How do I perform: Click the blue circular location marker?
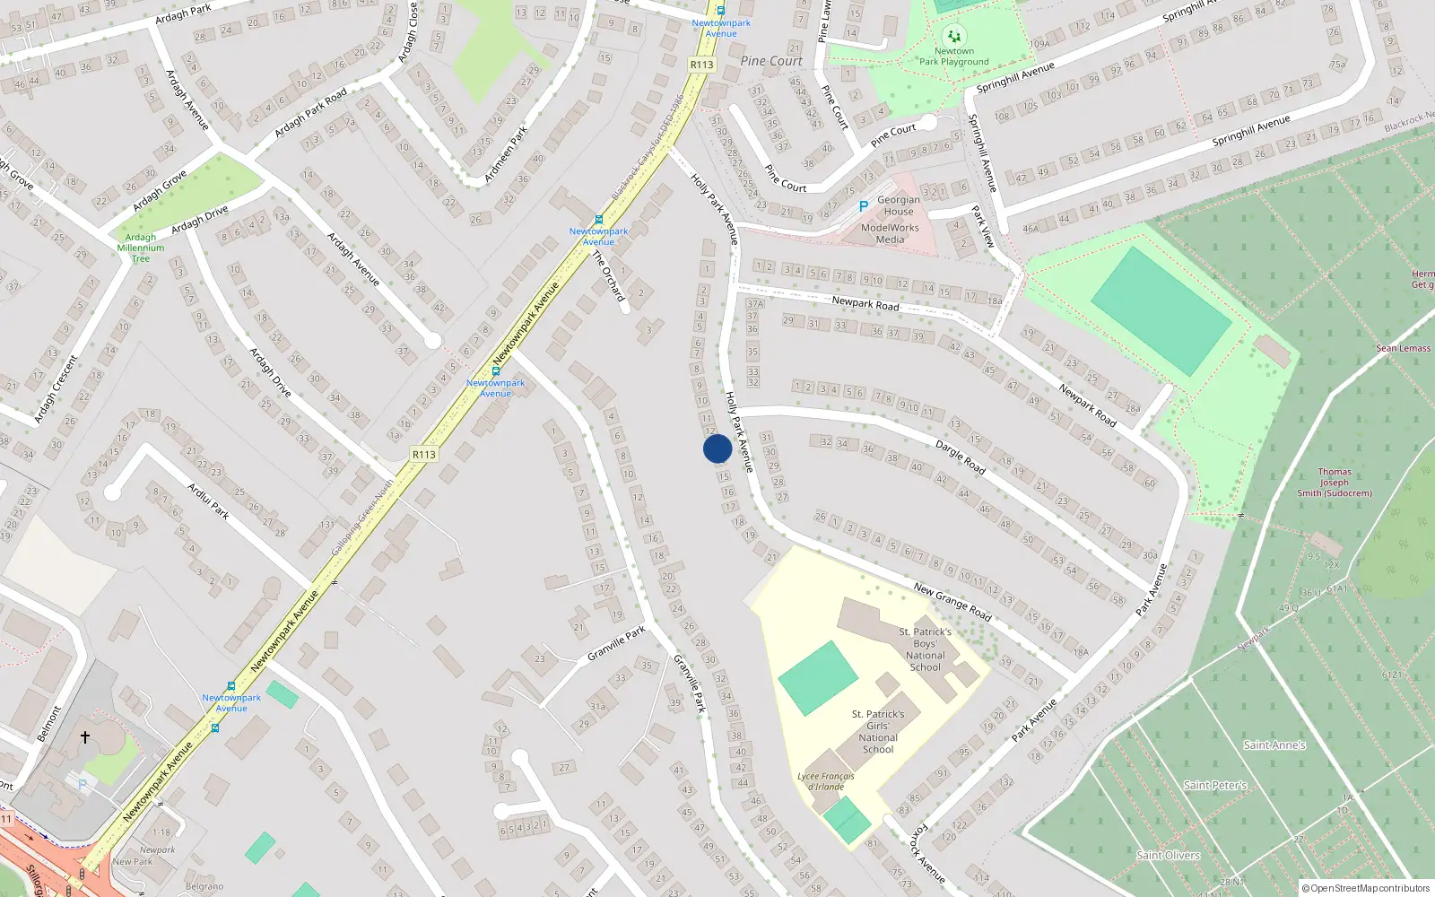tap(717, 448)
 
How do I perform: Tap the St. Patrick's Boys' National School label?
tap(925, 649)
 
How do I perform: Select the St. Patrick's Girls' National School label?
tap(878, 732)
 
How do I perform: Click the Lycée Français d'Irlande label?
tap(825, 781)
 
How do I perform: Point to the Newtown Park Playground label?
tap(953, 57)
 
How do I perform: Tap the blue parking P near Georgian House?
tap(864, 206)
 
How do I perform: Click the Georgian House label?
tap(898, 205)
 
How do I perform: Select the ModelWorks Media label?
tap(890, 233)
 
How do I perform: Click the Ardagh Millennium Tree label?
tap(141, 248)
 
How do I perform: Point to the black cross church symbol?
tap(85, 737)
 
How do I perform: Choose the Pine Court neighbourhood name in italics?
tap(771, 61)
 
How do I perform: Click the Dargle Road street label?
tap(960, 457)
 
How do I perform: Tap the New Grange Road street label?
tap(952, 602)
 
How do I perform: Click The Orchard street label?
tap(609, 276)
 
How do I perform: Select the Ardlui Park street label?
tap(208, 501)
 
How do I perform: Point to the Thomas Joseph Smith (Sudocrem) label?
tap(1335, 483)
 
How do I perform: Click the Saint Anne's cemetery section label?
tap(1274, 745)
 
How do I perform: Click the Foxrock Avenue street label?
tap(927, 854)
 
